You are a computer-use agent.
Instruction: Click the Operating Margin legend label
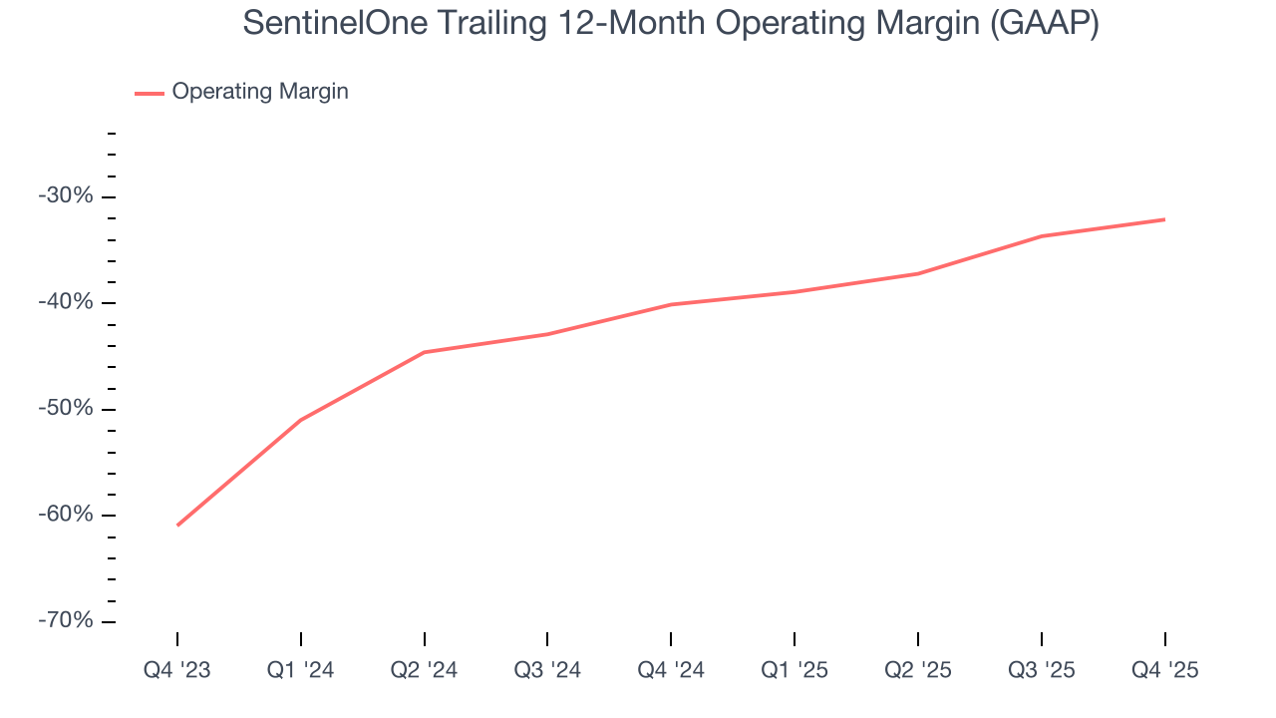coord(260,92)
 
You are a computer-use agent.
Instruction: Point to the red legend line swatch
coord(150,93)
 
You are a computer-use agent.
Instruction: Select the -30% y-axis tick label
coord(66,196)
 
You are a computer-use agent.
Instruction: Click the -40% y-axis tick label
coord(66,302)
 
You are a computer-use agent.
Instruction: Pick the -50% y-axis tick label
coord(66,409)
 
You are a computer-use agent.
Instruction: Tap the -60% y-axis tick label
coord(66,515)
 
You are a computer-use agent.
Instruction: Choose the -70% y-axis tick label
coord(66,620)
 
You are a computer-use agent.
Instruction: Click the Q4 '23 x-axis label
coord(177,670)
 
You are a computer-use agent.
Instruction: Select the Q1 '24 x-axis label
coord(301,670)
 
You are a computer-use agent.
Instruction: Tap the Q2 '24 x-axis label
coord(425,670)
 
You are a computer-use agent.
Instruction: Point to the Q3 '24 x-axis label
coord(547,670)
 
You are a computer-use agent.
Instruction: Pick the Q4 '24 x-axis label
coord(671,670)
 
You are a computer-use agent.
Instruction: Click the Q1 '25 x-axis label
coord(795,670)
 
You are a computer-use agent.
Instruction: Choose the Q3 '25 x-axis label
coord(1042,670)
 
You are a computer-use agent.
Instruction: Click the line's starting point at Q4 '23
coord(177,525)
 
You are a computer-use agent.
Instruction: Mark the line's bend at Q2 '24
coord(425,352)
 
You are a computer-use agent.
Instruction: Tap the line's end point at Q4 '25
coord(1164,219)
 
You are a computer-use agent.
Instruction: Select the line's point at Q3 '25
coord(1042,236)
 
